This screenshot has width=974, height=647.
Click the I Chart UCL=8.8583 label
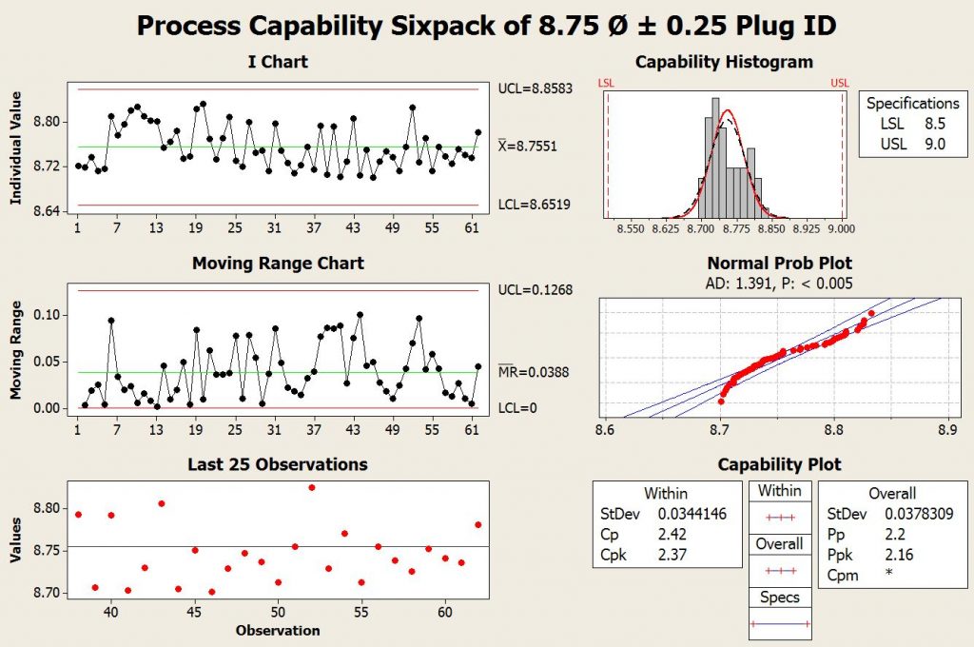coord(537,88)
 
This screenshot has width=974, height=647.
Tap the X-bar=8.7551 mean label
coord(529,147)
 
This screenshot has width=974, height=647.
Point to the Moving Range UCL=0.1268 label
coord(536,289)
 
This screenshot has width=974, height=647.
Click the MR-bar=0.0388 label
coord(532,372)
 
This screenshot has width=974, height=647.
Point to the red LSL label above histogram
coord(606,84)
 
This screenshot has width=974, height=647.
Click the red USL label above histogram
coord(840,84)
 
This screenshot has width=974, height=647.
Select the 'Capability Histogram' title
coord(724,63)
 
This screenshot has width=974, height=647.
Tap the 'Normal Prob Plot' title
coord(780,263)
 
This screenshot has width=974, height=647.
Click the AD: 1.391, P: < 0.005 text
coord(780,283)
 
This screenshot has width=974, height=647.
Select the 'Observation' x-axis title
coord(277,630)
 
